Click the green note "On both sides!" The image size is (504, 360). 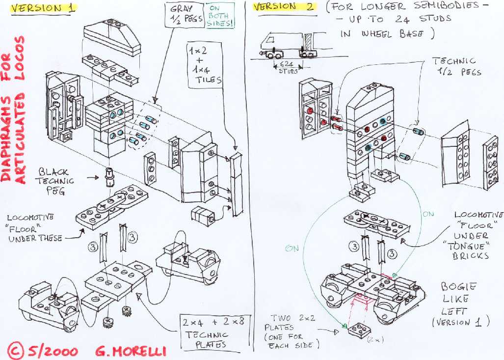tap(220, 15)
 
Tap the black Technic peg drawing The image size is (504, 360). tap(109, 177)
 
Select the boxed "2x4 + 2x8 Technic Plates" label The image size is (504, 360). tap(213, 332)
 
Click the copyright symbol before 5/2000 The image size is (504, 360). tap(16, 350)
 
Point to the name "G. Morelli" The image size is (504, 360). tap(131, 351)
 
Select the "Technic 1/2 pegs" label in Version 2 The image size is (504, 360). tap(456, 66)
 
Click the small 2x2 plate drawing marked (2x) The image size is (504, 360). tap(359, 330)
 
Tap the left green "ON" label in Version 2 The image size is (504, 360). tap(292, 248)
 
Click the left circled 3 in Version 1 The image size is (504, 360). tap(93, 247)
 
